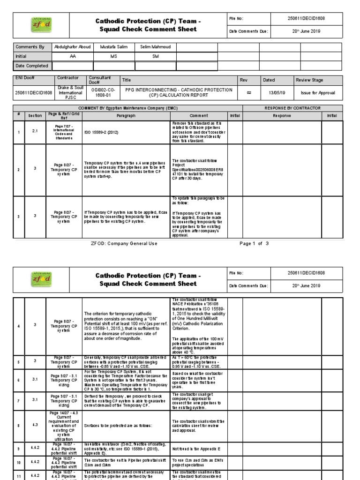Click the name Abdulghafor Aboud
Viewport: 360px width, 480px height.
click(x=72, y=47)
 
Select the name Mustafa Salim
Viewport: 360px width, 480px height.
click(x=113, y=47)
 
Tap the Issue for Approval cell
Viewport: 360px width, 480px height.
click(x=318, y=93)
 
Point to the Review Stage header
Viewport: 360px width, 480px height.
click(x=309, y=80)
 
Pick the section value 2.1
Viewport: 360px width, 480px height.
click(x=35, y=132)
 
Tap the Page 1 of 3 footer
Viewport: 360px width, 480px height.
click(x=254, y=244)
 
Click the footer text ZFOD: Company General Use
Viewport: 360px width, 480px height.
click(x=124, y=244)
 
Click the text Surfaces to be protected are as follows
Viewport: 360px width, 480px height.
click(x=111, y=426)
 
